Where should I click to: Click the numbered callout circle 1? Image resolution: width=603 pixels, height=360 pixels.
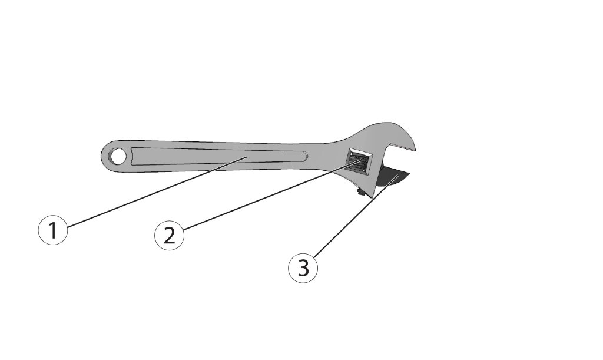pos(53,230)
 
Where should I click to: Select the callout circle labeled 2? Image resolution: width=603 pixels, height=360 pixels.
pos(169,235)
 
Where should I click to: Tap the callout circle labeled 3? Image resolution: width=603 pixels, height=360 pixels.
pos(303,268)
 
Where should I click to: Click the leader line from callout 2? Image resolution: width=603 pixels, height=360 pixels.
pos(271,195)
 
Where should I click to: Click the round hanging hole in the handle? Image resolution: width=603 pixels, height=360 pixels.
pos(117,156)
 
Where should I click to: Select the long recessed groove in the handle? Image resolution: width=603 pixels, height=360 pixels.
pos(219,157)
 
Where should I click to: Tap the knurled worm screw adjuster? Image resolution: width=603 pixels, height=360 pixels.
pos(359,160)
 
